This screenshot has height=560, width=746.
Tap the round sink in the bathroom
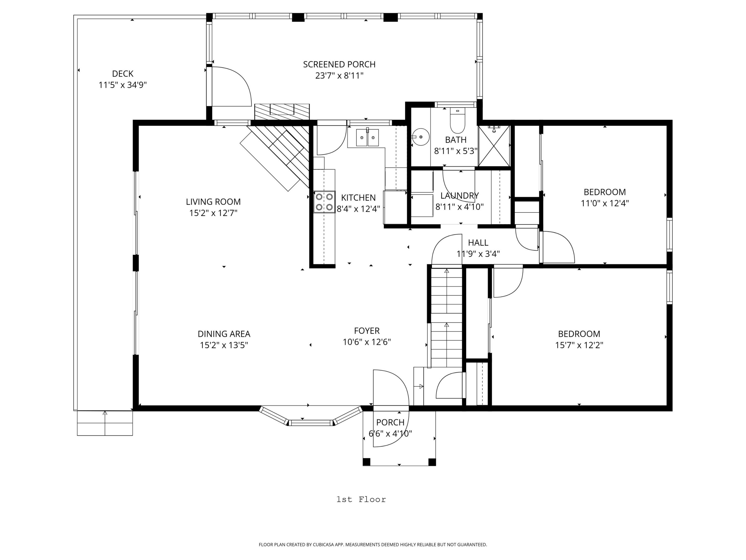420,137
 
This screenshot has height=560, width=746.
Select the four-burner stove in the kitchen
324,202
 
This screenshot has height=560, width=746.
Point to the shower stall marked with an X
494,146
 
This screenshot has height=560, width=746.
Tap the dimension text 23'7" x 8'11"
339,76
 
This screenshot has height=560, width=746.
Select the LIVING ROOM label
213,202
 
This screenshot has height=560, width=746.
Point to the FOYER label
367,331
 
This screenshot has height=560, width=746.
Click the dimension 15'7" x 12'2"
579,345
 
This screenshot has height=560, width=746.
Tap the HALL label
478,243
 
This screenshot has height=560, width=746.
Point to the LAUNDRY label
459,196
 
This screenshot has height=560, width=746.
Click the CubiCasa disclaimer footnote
373,545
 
